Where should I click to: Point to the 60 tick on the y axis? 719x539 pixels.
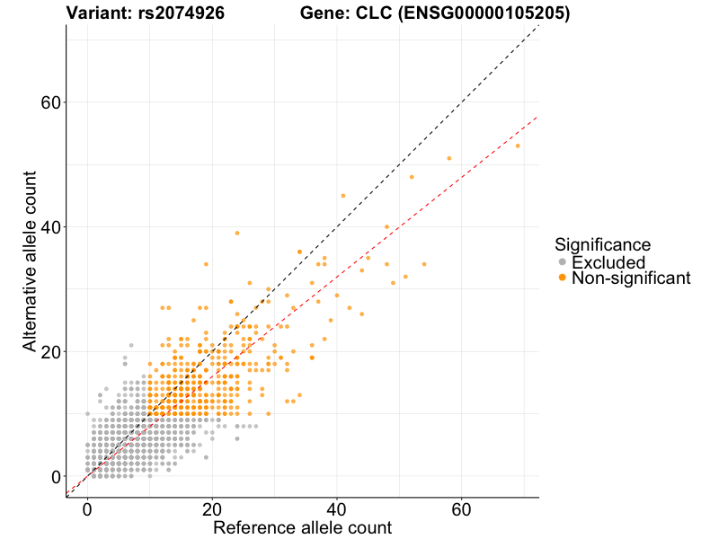click(52, 102)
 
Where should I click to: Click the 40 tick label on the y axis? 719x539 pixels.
click(52, 226)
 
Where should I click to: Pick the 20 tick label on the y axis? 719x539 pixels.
click(52, 351)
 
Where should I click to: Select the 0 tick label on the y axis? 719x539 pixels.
click(57, 476)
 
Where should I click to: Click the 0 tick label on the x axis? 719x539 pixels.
click(87, 509)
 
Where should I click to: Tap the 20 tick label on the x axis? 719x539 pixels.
click(212, 509)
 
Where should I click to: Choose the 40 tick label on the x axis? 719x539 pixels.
click(337, 509)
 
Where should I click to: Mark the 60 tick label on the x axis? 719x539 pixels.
click(461, 509)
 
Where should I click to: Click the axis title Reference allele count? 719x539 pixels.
click(302, 527)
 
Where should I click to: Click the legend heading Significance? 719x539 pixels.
click(602, 244)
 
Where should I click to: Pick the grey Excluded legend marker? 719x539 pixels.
click(563, 261)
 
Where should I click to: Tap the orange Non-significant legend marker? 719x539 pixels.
click(563, 278)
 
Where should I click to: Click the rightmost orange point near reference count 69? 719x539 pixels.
click(518, 146)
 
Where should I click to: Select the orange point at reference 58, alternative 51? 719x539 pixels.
click(448, 158)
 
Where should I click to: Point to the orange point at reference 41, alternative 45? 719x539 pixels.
click(342, 195)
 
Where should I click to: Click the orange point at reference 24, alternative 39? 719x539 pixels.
click(237, 233)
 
